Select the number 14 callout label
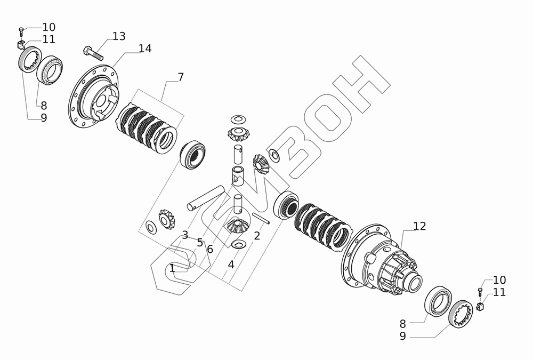pos(144,49)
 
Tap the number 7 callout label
pos(181,77)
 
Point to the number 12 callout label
pos(419,226)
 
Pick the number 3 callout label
pos(184,235)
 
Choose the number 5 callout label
pos(200,243)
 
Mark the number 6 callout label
pos(209,249)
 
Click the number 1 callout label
pos(172,268)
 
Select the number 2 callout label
pos(256,236)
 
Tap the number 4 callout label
pos(231,264)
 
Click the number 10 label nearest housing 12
pos(499,280)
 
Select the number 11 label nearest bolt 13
pos(49,39)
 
